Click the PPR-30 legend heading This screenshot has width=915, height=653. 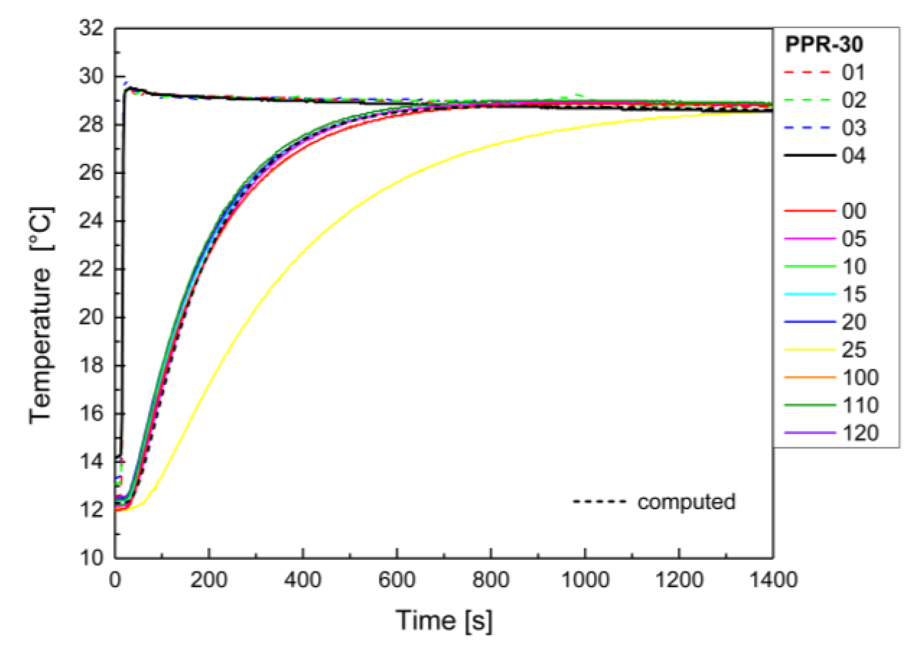pyautogui.click(x=824, y=45)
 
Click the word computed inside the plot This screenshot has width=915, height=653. pyautogui.click(x=686, y=502)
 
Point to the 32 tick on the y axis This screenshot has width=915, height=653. pyautogui.click(x=91, y=28)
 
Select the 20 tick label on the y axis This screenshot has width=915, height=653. pyautogui.click(x=91, y=317)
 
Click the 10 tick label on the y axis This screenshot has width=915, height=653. pyautogui.click(x=91, y=558)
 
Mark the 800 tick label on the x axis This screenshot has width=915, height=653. pyautogui.click(x=490, y=580)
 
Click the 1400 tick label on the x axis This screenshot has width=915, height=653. pyautogui.click(x=773, y=580)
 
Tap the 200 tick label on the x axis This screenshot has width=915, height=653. pyautogui.click(x=209, y=580)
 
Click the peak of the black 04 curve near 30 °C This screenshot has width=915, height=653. pyautogui.click(x=130, y=88)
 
